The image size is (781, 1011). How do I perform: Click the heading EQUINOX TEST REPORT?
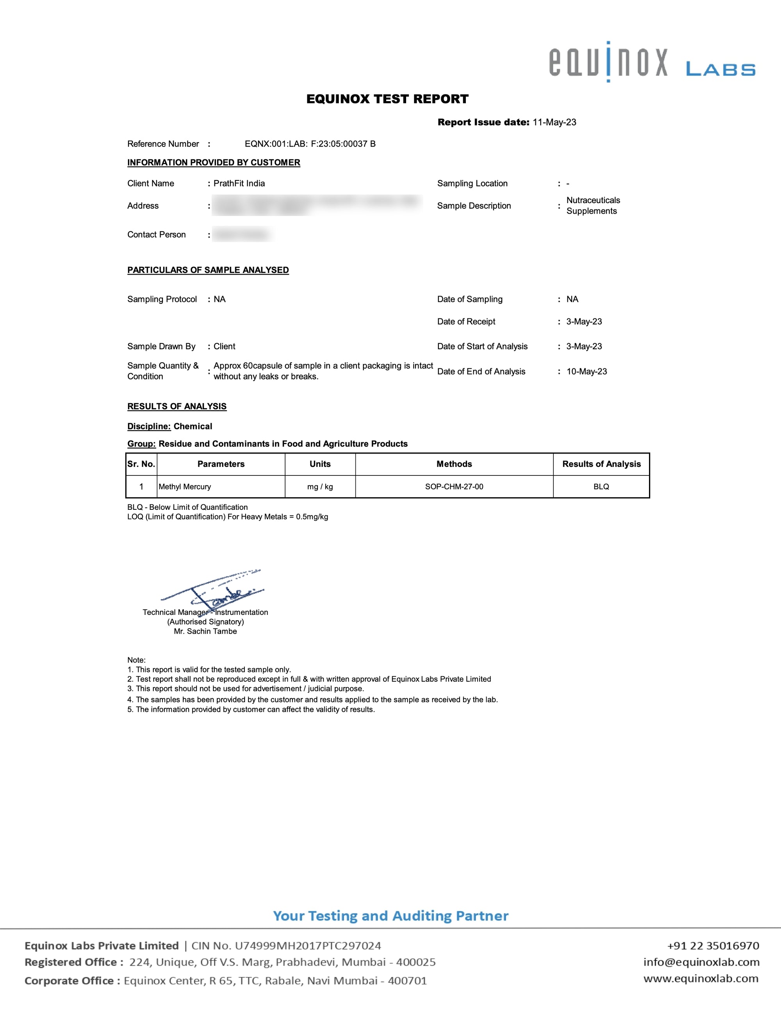point(387,99)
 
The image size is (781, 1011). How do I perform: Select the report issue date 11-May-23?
point(554,122)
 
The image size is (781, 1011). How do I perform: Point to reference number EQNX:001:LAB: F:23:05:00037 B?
point(310,144)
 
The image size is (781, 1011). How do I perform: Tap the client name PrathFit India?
point(239,183)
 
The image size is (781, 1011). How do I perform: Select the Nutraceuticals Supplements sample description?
point(593,205)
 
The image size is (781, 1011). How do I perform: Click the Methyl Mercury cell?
point(185,486)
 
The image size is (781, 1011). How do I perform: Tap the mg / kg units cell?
point(320,486)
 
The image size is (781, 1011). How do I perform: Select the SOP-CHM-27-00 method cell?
point(454,486)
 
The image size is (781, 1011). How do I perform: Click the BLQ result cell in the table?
point(601,486)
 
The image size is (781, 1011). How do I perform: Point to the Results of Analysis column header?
point(601,464)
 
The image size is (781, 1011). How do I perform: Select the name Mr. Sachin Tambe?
point(205,631)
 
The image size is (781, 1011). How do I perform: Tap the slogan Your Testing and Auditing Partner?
point(390,916)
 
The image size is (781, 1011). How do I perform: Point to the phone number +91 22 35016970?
point(713,945)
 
